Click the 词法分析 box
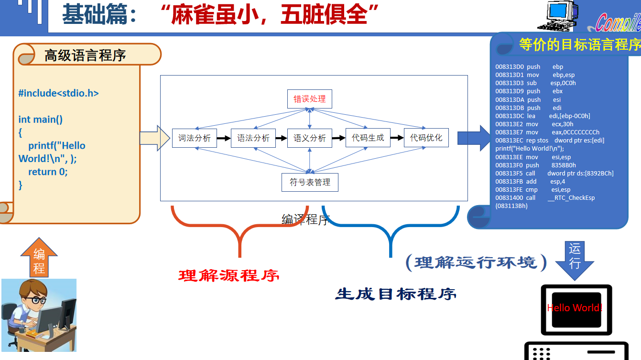click(194, 138)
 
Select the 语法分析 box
click(253, 138)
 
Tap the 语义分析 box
click(310, 138)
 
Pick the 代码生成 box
click(368, 138)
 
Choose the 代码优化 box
click(426, 138)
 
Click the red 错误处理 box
click(309, 99)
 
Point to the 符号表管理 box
click(310, 182)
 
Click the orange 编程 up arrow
click(39, 258)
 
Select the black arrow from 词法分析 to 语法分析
click(224, 138)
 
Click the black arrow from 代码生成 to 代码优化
click(397, 138)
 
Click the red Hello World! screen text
click(575, 308)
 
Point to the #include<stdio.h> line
click(58, 93)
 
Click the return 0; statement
click(48, 172)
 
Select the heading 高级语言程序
click(85, 55)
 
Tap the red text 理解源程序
click(228, 276)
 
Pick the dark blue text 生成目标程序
click(396, 294)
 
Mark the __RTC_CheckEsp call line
click(545, 198)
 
